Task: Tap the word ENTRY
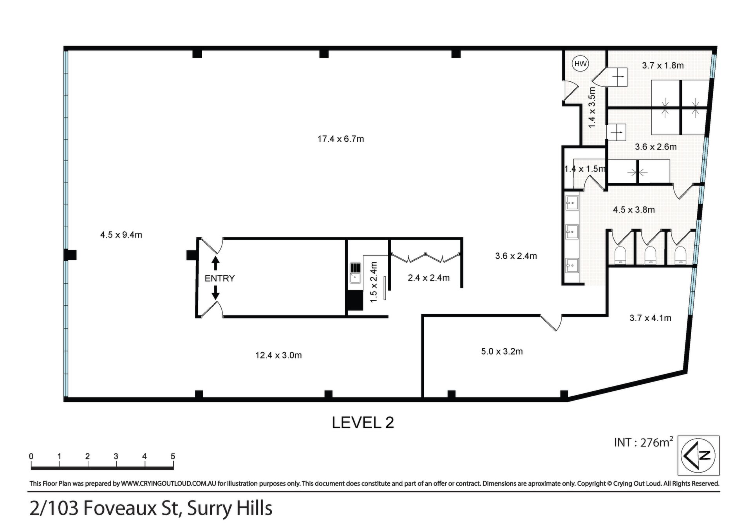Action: (x=220, y=278)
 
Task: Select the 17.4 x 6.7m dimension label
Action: (x=341, y=139)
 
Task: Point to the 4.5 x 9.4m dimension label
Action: (x=121, y=235)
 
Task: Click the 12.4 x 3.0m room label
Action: (x=278, y=355)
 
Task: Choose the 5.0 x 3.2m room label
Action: (x=502, y=351)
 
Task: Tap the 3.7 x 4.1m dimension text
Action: (x=650, y=318)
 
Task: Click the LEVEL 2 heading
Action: (x=363, y=423)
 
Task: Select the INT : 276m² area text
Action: (x=644, y=442)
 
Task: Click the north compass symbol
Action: (x=698, y=455)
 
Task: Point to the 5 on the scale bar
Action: (x=173, y=456)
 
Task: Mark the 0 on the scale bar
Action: (x=31, y=456)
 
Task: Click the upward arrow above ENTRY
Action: (x=215, y=263)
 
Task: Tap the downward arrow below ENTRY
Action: (x=215, y=293)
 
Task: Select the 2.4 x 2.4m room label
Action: (x=428, y=278)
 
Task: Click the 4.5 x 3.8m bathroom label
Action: (x=634, y=210)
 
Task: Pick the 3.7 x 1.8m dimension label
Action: (x=663, y=65)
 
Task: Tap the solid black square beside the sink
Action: (x=354, y=301)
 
